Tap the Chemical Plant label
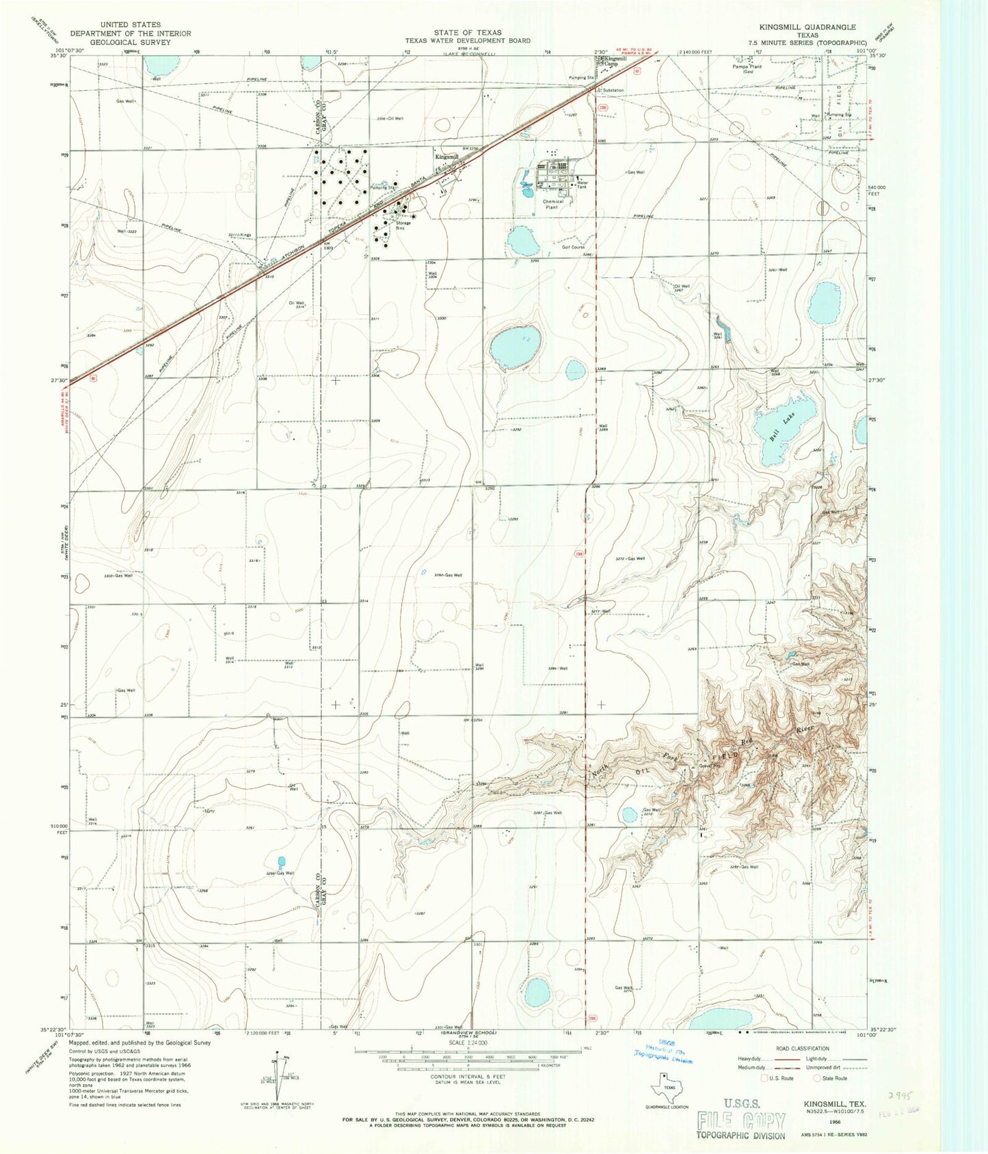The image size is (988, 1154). tap(553, 204)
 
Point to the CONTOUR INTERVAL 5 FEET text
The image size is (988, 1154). tap(468, 1076)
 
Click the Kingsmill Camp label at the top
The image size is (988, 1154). tap(615, 61)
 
